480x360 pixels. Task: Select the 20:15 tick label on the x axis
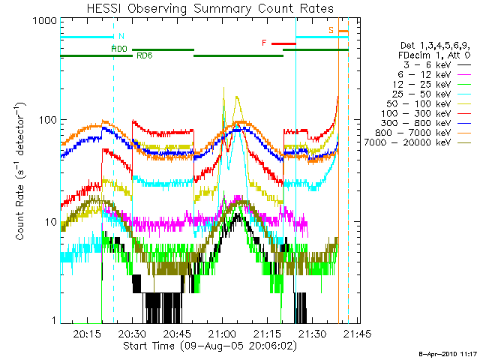pos(88,333)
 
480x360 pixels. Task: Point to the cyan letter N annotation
pos(121,36)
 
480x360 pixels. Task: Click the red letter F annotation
pos(264,43)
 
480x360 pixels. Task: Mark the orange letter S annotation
pos(331,30)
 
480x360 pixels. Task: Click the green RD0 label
pos(118,49)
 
